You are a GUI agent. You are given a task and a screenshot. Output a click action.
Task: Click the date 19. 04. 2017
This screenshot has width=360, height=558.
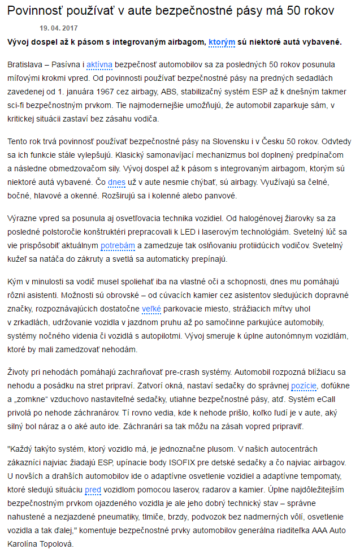point(59,27)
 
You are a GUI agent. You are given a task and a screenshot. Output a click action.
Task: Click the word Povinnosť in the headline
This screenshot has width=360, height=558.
point(37,10)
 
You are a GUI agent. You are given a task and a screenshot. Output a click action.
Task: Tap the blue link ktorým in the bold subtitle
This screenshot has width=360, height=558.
point(222,42)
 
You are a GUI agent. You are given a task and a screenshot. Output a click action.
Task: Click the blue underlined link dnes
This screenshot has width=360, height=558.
point(116,182)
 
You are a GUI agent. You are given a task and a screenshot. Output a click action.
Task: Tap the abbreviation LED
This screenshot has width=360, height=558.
point(218,232)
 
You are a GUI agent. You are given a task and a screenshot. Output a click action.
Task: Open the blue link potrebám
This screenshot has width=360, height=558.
point(118,246)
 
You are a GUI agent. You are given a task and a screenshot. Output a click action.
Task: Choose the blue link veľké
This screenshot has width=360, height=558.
point(151,309)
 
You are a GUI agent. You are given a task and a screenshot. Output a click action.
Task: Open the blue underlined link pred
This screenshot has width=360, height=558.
point(93,490)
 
